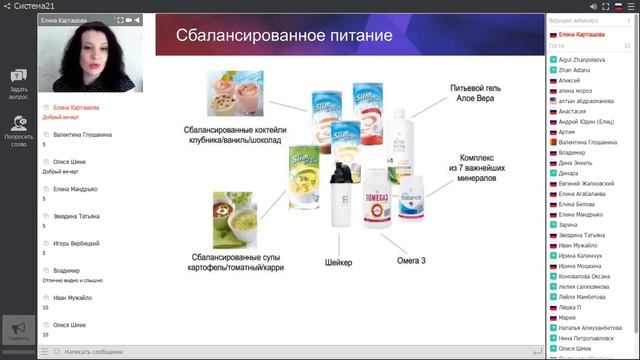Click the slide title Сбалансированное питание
(x=283, y=37)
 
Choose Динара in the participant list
(x=569, y=172)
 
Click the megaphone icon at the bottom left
(x=18, y=329)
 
